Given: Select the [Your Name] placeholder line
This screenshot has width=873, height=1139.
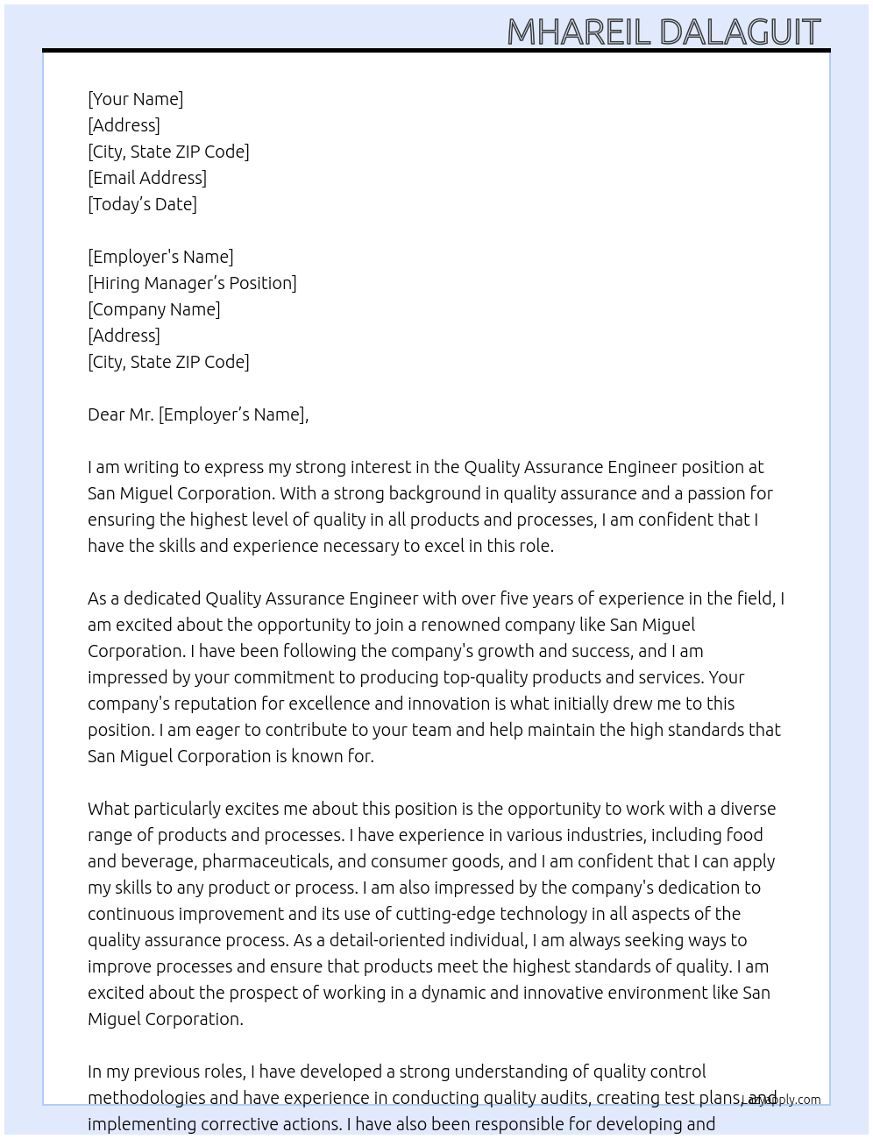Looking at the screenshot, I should pos(136,99).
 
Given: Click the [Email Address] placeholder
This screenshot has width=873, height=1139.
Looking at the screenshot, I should pos(147,178).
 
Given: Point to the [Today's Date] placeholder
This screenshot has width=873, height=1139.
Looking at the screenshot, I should pos(142,204).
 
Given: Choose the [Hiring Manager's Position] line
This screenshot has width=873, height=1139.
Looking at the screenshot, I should pos(192,283).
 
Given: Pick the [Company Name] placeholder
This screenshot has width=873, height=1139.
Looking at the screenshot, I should pos(154,309).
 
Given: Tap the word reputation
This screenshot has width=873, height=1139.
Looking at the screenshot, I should pos(229,704).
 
